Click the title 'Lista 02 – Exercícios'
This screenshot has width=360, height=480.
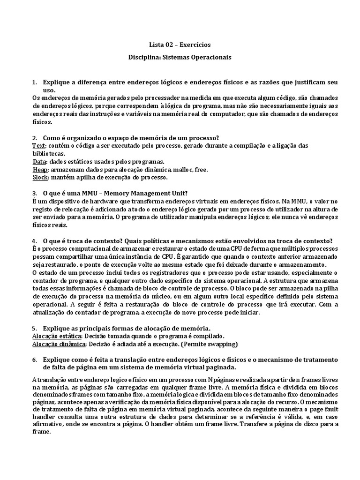(180, 45)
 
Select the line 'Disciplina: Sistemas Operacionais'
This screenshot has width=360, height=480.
(180, 57)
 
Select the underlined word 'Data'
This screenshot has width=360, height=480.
(39, 161)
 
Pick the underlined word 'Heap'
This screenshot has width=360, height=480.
(40, 169)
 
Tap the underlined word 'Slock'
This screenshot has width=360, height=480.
(40, 177)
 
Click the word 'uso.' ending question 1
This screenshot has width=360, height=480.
(49, 90)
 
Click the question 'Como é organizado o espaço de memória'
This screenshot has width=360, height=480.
(131, 138)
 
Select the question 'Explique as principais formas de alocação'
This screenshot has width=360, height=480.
(127, 328)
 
